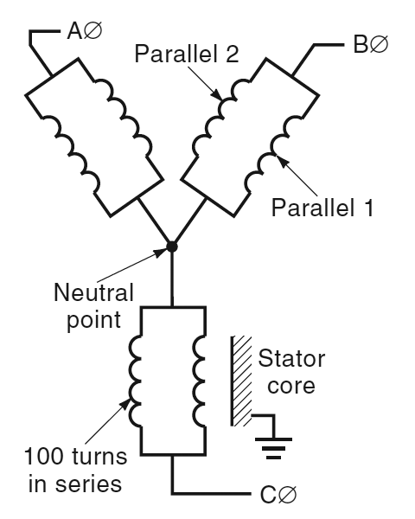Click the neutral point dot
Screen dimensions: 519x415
172,247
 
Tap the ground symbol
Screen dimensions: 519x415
275,441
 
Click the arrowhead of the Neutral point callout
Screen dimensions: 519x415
166,252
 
